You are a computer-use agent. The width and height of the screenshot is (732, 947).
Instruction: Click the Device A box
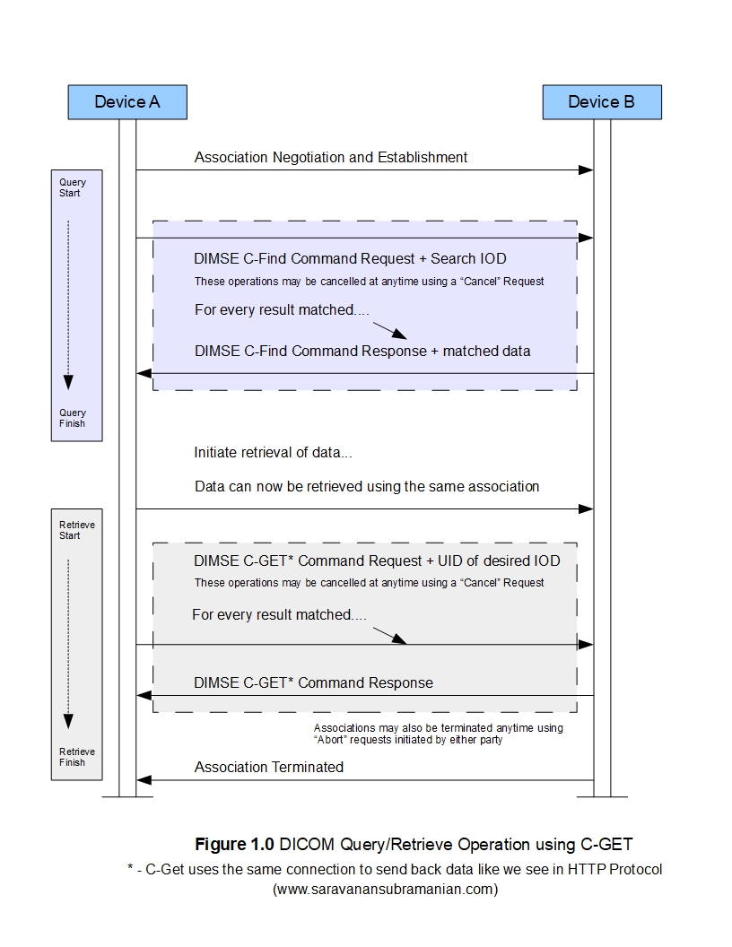[127, 102]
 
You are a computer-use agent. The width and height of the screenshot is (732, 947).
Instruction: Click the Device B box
[601, 102]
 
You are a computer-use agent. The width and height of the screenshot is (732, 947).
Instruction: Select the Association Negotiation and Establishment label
[331, 158]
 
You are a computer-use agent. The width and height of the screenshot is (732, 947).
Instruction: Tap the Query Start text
[73, 187]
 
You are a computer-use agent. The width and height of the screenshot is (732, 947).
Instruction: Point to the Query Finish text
[73, 418]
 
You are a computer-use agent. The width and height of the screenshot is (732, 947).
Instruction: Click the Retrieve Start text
[77, 530]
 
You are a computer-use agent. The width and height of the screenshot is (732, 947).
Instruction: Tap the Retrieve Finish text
[77, 757]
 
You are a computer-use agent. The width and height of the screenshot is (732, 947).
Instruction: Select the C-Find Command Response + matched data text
[362, 352]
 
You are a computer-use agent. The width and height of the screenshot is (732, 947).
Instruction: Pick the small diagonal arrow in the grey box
[389, 636]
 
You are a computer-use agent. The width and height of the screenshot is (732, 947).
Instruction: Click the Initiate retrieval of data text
[279, 453]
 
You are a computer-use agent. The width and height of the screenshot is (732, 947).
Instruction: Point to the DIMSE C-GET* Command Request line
[377, 561]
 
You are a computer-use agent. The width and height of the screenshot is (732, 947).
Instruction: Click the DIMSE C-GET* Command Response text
[313, 683]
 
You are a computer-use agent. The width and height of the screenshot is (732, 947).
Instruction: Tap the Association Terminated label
[269, 768]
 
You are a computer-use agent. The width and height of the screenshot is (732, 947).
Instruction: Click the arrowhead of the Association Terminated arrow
[144, 780]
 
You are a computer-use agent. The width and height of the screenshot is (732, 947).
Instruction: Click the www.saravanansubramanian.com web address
[385, 890]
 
